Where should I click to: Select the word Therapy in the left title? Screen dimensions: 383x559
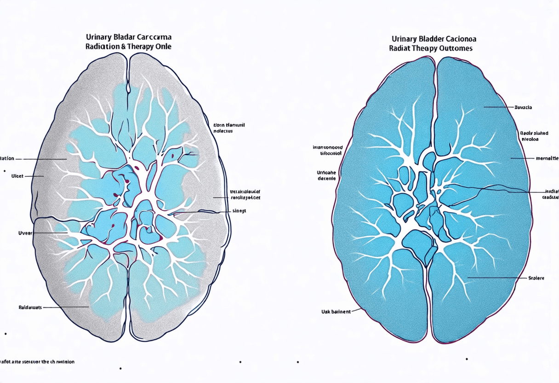point(140,46)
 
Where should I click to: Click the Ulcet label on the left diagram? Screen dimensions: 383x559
point(17,176)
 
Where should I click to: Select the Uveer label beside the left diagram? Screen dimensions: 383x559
point(25,233)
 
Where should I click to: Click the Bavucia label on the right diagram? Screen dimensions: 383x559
point(523,107)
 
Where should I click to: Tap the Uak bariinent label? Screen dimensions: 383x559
point(336,312)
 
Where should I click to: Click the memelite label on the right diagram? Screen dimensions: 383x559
point(547,158)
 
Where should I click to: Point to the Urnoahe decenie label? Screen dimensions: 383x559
point(327,175)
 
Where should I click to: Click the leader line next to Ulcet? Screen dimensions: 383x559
point(36,176)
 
